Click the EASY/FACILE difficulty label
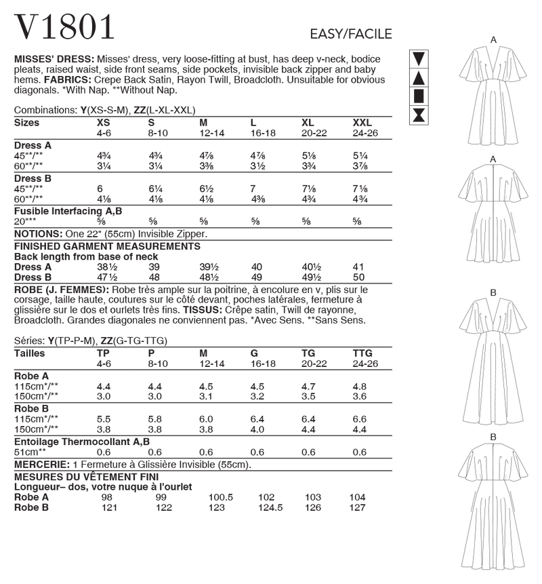click(x=350, y=35)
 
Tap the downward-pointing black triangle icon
click(x=419, y=59)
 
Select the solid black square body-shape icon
click(x=419, y=95)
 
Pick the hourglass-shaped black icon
click(x=419, y=113)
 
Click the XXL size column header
click(x=362, y=123)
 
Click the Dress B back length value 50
click(x=359, y=277)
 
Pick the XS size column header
click(x=105, y=123)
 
